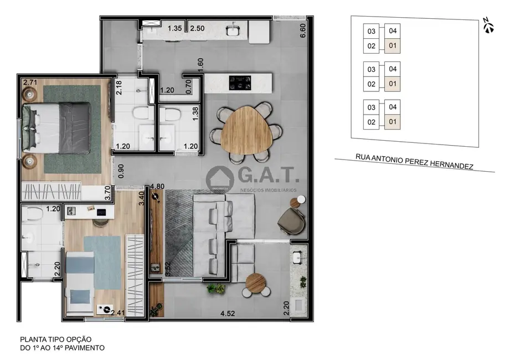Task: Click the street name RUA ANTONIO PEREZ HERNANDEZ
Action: coord(414,161)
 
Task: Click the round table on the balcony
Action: coord(256,282)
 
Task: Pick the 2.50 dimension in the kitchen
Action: coord(197,28)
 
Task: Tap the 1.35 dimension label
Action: coord(175,28)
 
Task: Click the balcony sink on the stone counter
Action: coord(298,257)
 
